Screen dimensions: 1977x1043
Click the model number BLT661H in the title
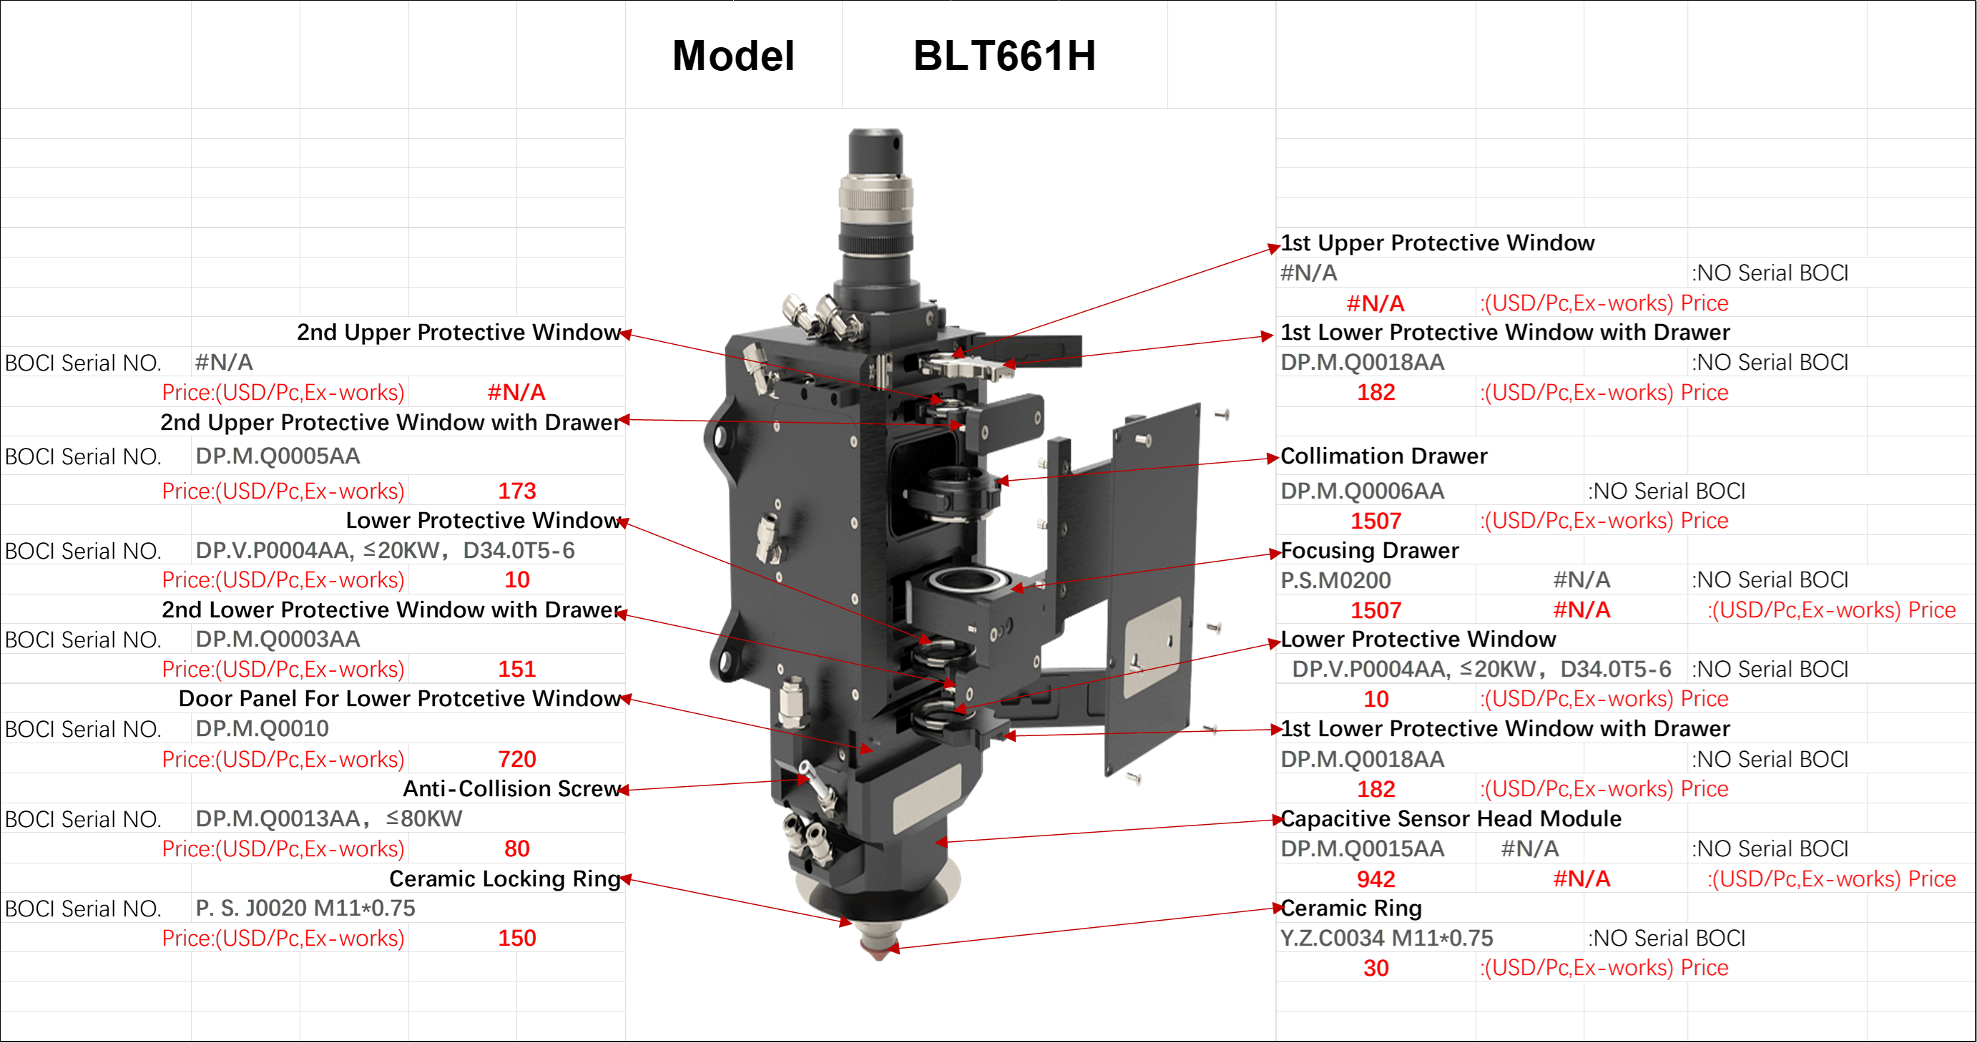[x=1004, y=56]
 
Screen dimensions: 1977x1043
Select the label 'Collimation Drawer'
[x=1384, y=456]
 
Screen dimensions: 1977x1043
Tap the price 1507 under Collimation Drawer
[x=1375, y=521]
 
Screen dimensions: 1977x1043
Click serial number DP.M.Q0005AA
[x=278, y=456]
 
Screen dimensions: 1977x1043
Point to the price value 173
[x=516, y=491]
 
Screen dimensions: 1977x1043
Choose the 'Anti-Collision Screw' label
[x=511, y=788]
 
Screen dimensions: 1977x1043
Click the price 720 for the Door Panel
[x=516, y=759]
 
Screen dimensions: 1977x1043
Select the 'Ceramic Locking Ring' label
[x=504, y=878]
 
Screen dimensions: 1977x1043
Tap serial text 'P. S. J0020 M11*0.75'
[x=305, y=908]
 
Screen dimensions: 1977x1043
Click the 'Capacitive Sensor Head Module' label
[x=1451, y=818]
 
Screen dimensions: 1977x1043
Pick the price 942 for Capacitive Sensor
[x=1375, y=878]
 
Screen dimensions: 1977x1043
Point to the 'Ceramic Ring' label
[x=1350, y=908]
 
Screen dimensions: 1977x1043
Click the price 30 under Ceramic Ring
[x=1375, y=968]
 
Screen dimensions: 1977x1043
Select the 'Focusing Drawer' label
[x=1369, y=550]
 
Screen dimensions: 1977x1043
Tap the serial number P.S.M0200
[x=1335, y=580]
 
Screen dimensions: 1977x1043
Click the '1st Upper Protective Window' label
[x=1438, y=243]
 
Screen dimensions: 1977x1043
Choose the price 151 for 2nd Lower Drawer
[x=516, y=670]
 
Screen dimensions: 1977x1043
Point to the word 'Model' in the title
[x=733, y=56]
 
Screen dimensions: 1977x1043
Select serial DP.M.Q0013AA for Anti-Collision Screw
[x=278, y=818]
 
